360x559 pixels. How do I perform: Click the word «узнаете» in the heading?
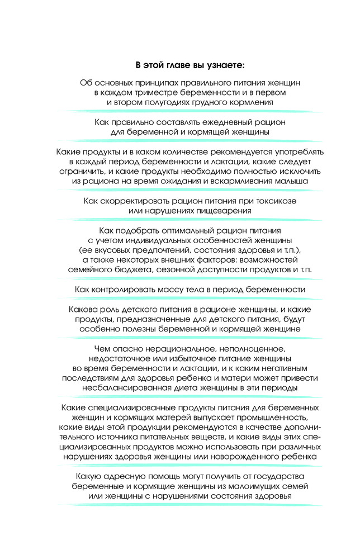pyautogui.click(x=221, y=66)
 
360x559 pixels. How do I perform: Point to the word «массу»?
pyautogui.click(x=159, y=290)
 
